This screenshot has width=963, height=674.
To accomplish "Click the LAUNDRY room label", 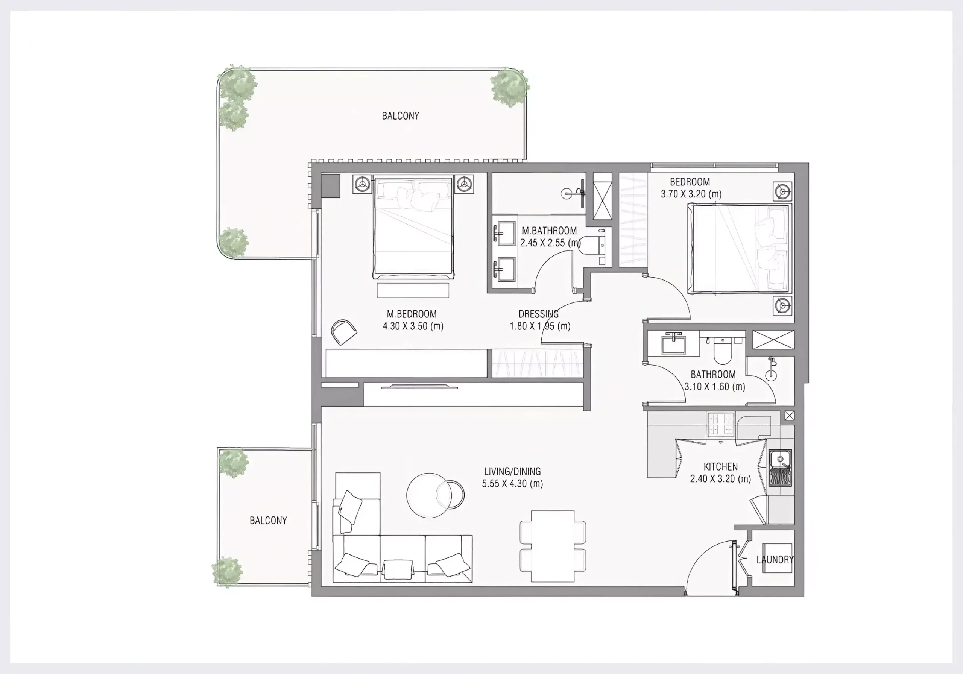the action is (x=775, y=560).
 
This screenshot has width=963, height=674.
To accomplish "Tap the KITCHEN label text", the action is (x=721, y=466).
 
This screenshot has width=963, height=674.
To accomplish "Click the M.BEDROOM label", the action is (x=412, y=314).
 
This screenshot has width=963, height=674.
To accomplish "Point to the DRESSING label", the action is (x=539, y=314).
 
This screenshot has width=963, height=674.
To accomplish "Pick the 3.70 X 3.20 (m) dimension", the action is (x=691, y=194).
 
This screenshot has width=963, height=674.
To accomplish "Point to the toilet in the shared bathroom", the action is (x=722, y=349).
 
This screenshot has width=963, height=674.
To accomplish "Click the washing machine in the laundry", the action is (x=777, y=558).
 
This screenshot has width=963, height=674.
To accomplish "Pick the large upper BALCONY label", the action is (x=401, y=116).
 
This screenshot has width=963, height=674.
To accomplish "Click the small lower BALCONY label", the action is (x=269, y=521).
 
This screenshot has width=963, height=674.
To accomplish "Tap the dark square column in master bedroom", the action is (x=331, y=186).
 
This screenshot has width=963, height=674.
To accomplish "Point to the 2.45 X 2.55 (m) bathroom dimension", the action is (x=550, y=243).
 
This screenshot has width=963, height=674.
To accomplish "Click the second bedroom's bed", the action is (x=740, y=248).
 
